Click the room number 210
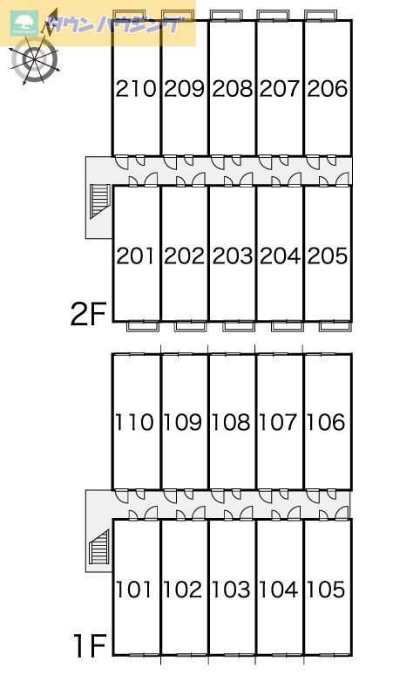coord(136,89)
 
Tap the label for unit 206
coord(328,89)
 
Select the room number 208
coord(232,89)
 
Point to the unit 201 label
coord(136,256)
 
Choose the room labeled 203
coord(232,256)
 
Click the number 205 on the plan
coord(328,256)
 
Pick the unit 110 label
coord(134,422)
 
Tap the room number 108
coord(231,422)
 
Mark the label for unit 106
coord(326,422)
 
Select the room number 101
coord(134,590)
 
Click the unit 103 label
coord(231,590)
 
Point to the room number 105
coord(326,590)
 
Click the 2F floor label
coord(88,315)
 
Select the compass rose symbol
coord(34,59)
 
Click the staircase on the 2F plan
coord(99,201)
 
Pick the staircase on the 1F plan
coord(99,547)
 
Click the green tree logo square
coord(24,24)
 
